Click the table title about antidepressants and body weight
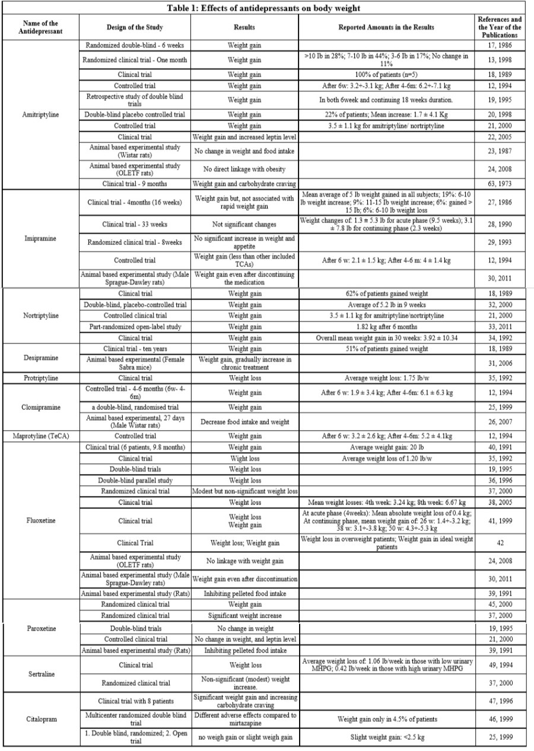point(267,8)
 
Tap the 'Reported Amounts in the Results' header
point(386,27)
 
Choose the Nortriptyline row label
point(40,315)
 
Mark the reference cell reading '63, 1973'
point(500,184)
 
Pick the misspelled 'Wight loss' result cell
point(244,459)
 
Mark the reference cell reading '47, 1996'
point(500,701)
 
